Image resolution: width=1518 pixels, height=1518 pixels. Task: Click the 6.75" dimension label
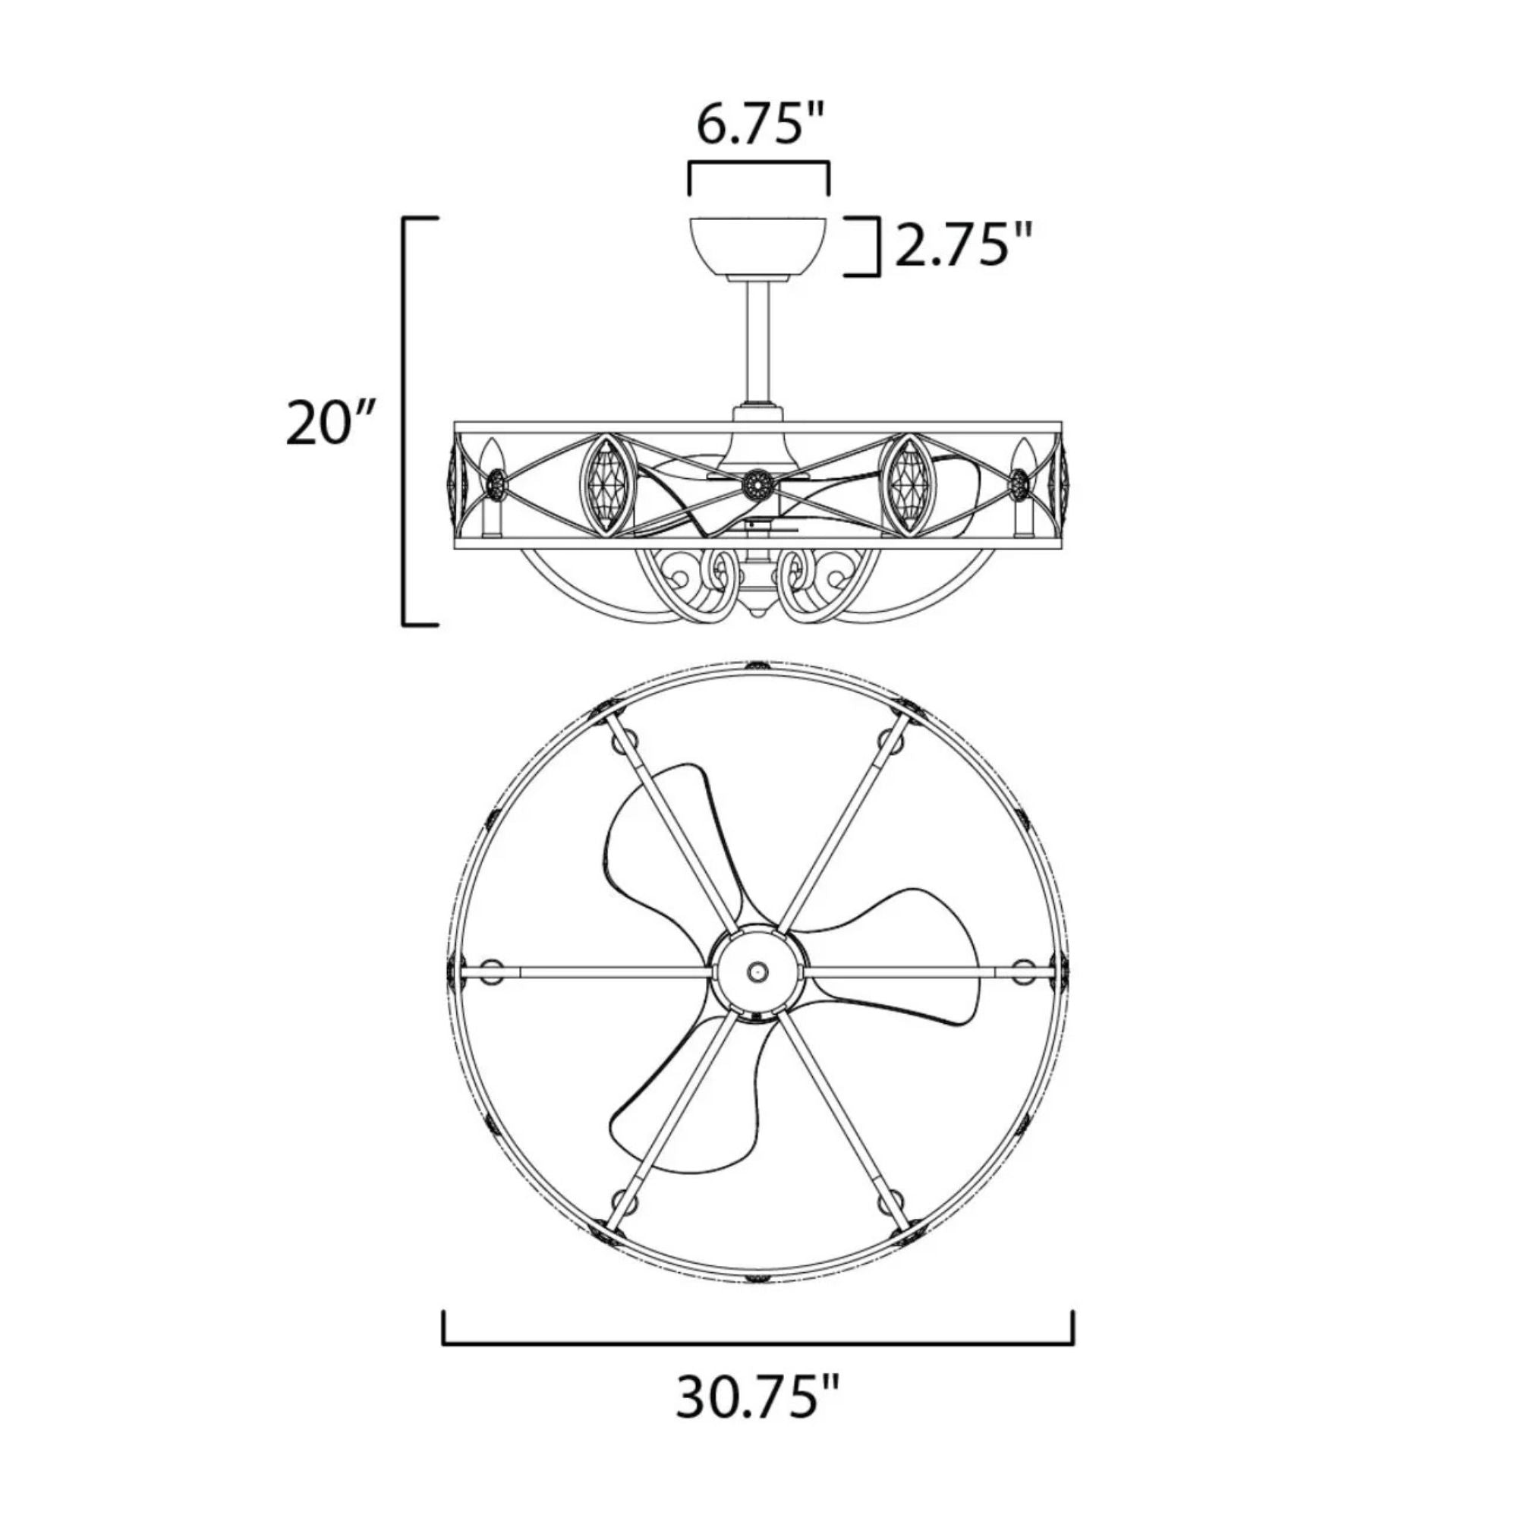coord(760,126)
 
